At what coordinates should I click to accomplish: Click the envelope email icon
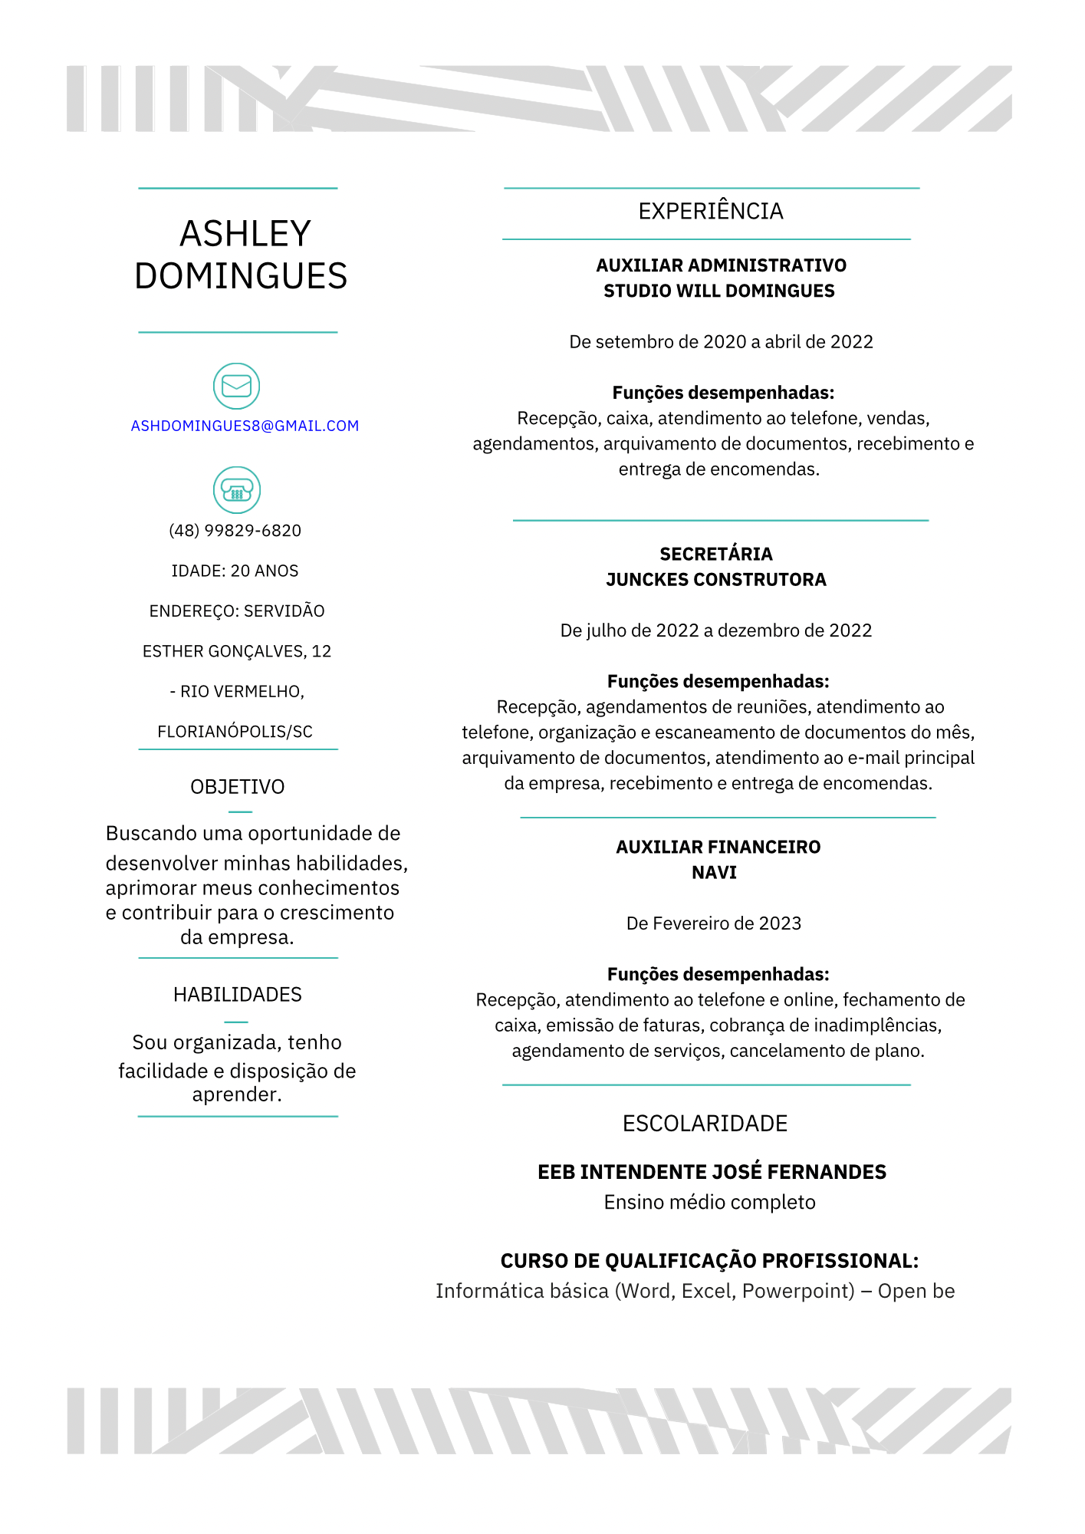[x=236, y=386]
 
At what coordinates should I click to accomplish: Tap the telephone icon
[x=236, y=490]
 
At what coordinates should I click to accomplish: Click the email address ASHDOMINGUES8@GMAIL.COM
[x=245, y=426]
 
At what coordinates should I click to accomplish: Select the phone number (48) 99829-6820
[x=235, y=531]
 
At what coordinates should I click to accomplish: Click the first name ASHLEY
[x=245, y=234]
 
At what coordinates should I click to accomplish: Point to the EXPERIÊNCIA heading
[x=711, y=212]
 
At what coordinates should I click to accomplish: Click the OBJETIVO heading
[x=238, y=787]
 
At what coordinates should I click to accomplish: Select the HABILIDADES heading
[x=238, y=995]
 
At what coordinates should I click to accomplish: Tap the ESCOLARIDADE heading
[x=705, y=1124]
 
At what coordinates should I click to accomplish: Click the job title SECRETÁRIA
[x=716, y=554]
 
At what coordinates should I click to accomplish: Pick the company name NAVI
[x=714, y=873]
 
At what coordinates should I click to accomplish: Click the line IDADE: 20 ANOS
[x=235, y=571]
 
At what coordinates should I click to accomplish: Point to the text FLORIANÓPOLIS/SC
[x=235, y=732]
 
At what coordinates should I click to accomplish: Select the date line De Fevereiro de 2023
[x=714, y=923]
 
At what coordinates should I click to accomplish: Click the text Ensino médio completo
[x=710, y=1202]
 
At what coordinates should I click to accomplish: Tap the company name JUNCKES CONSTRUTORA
[x=716, y=580]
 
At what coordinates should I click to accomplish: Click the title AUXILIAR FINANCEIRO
[x=718, y=847]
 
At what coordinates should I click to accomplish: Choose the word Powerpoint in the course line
[x=798, y=1291]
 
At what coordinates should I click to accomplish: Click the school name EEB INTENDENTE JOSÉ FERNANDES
[x=712, y=1172]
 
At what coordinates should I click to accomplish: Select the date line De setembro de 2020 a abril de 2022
[x=721, y=342]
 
